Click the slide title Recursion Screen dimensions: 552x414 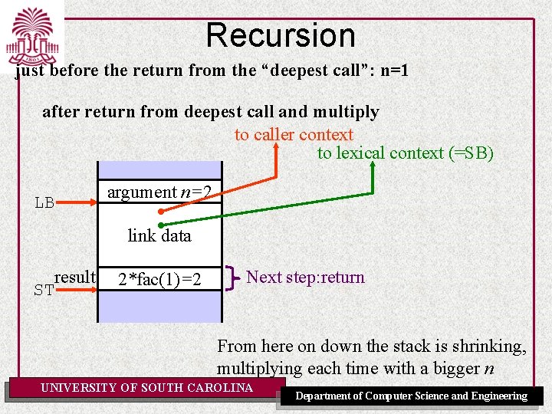click(281, 35)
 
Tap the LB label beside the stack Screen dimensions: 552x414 click(44, 203)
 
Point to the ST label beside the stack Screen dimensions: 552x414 click(44, 290)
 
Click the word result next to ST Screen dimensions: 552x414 click(75, 277)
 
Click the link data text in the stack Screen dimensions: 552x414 click(159, 235)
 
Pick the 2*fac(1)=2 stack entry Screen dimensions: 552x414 click(160, 279)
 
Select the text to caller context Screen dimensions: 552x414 click(294, 135)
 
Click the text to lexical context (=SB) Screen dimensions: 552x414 click(406, 153)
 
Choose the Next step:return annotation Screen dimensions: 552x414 click(305, 277)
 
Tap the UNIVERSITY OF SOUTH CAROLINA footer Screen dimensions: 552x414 click(146, 388)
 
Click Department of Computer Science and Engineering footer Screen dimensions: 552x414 click(412, 396)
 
